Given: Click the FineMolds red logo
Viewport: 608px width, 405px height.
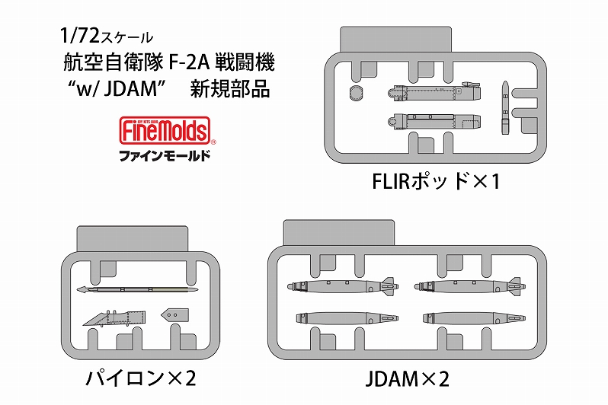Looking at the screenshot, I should click(x=165, y=131).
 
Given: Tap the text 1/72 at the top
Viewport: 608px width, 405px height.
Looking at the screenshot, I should click(x=74, y=35).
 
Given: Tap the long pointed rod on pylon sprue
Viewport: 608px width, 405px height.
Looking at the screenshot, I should click(x=137, y=289).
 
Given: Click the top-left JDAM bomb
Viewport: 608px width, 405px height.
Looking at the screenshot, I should click(x=338, y=287).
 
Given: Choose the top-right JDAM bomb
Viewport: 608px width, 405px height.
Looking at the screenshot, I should click(x=466, y=287).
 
